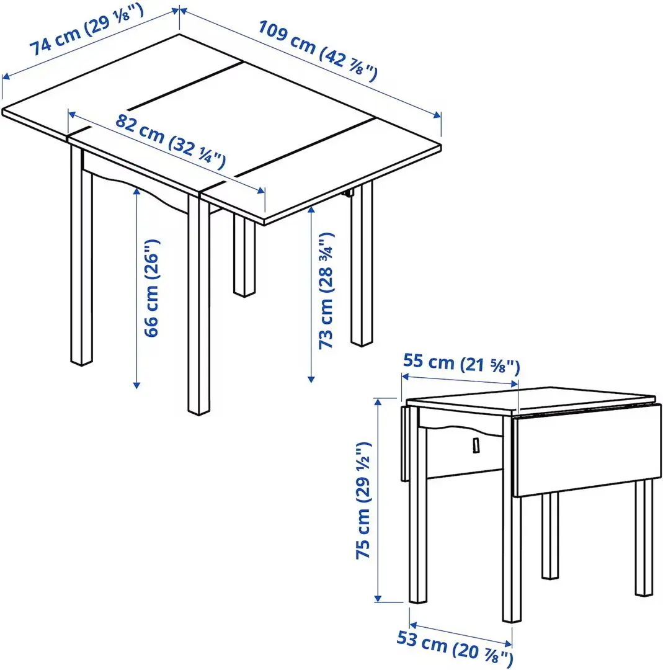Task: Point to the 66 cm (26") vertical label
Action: [151, 288]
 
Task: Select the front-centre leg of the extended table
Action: [199, 310]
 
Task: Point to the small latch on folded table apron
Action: [476, 445]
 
